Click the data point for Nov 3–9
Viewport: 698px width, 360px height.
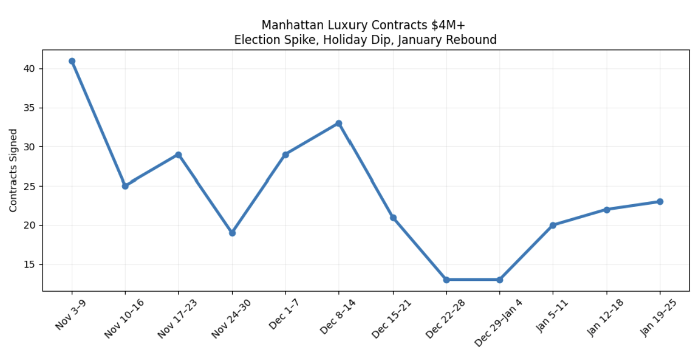[x=72, y=61]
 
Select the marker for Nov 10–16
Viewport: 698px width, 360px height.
[x=125, y=186]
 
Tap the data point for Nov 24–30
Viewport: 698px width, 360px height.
[x=232, y=233]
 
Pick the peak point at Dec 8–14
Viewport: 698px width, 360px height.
[x=339, y=123]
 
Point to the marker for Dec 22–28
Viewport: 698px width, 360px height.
[x=446, y=279]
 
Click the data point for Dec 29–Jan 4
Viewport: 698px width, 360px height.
[x=499, y=279]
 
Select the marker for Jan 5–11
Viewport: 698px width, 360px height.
[x=553, y=225]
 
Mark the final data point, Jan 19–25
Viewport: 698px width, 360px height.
[x=660, y=201]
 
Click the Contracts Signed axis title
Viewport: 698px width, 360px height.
[x=13, y=170]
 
